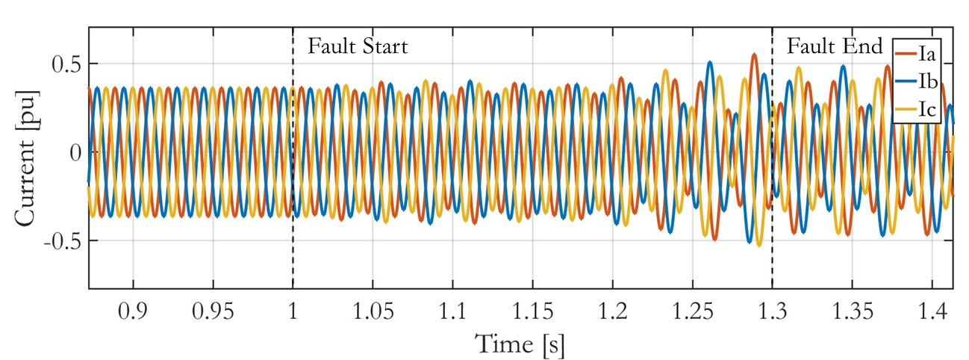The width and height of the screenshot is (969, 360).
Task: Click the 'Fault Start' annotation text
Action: point(358,48)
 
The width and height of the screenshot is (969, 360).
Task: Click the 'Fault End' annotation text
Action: point(835,47)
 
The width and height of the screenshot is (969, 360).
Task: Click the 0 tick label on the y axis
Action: point(73,152)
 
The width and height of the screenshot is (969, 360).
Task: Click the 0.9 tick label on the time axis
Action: point(134,309)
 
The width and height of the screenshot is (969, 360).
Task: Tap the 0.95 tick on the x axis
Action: point(213,309)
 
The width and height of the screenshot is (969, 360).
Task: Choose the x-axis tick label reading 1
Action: point(293,309)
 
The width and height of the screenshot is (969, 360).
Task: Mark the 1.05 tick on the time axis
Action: point(373,309)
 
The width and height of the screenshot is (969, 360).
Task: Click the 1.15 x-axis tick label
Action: point(532,309)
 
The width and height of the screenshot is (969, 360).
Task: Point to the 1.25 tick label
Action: point(692,309)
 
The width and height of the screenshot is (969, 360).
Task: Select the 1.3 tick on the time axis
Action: point(772,309)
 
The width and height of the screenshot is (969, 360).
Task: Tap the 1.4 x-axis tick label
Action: point(932,309)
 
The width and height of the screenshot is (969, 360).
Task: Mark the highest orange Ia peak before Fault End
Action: point(754,55)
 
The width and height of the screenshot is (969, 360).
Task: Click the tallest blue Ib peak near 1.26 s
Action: point(710,62)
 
